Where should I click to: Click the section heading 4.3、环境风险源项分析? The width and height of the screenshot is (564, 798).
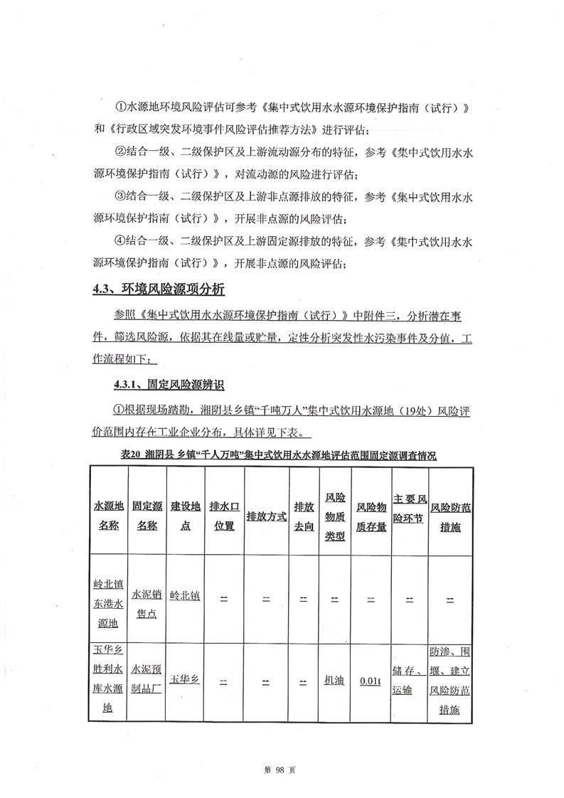(x=159, y=289)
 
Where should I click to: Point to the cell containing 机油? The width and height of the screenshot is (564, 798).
(x=334, y=681)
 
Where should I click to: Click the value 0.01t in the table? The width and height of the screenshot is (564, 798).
(x=371, y=681)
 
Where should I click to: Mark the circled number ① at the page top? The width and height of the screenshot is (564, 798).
(x=119, y=107)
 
